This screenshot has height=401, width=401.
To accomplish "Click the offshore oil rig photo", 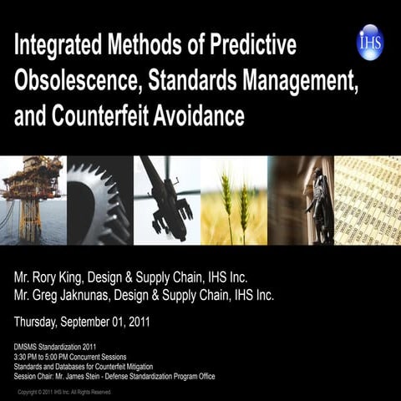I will coord(32,200).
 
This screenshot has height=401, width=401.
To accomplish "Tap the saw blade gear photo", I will coord(99,200).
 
